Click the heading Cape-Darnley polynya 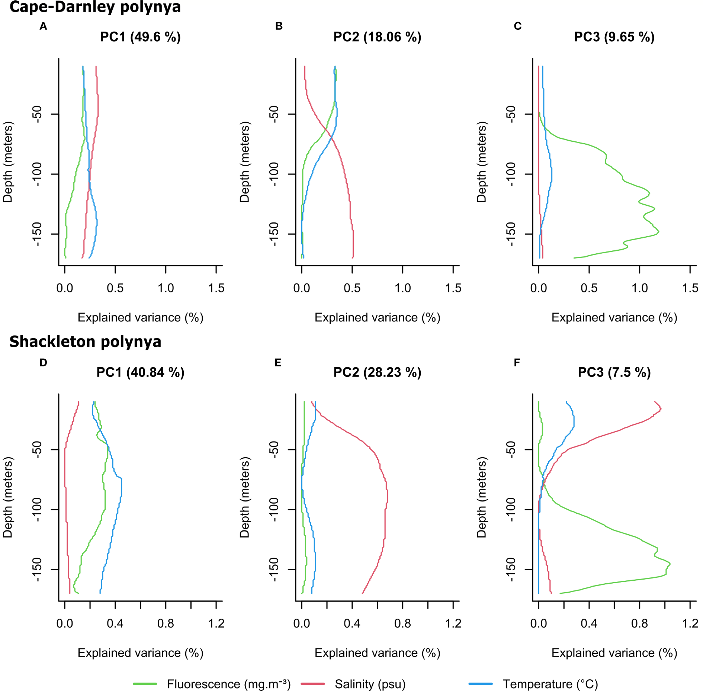point(95,7)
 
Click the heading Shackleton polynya point(85,342)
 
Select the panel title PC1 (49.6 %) point(140,37)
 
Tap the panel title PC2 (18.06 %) point(377,37)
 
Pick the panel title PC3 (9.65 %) point(614,37)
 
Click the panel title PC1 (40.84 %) point(140,372)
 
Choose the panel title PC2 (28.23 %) point(377,372)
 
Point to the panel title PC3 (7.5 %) point(614,372)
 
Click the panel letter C point(517,26)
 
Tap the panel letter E point(277,362)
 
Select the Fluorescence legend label point(228,684)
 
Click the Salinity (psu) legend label point(370,684)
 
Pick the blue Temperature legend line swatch point(481,684)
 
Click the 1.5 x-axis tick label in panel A point(216,288)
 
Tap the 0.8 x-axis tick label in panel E point(402,623)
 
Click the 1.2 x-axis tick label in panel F point(690,623)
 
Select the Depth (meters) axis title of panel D point(8,497)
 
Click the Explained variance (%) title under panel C point(614,317)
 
